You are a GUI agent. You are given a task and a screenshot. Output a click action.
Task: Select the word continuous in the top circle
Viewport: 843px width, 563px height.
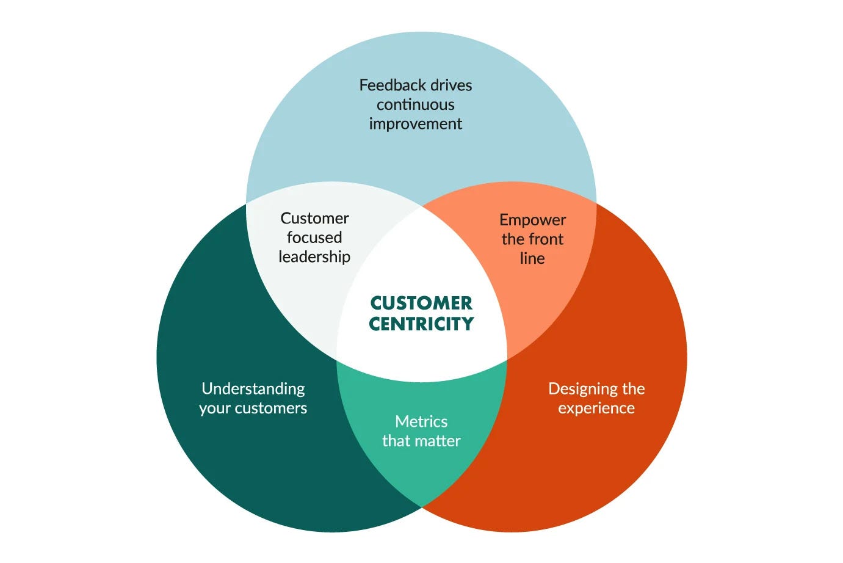tap(415, 104)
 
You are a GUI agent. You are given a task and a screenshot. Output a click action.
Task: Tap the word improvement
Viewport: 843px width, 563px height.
tap(415, 124)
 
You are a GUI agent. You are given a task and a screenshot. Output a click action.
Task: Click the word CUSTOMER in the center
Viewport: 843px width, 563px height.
tap(421, 303)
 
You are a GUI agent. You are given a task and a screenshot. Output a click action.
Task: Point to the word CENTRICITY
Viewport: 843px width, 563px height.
tap(421, 324)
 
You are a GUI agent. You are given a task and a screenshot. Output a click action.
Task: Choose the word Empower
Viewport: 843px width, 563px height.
tap(532, 220)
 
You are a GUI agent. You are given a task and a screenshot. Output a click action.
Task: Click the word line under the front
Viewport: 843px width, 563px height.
tap(532, 258)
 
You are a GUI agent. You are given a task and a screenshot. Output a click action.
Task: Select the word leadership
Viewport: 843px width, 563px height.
tap(314, 257)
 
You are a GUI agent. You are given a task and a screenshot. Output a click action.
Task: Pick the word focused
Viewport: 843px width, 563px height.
tap(314, 238)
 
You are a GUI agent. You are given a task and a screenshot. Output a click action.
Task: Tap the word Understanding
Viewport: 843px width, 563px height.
tap(253, 389)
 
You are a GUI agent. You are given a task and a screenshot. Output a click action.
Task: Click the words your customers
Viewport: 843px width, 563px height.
tap(253, 409)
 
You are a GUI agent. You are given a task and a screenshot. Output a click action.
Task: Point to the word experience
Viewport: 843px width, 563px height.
tap(596, 409)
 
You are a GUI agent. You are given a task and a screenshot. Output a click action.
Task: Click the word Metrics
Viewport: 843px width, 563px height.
tap(421, 421)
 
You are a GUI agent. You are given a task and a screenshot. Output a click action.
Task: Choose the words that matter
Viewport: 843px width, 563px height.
tap(421, 441)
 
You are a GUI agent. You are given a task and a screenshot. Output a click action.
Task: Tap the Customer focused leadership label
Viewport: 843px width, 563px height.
tap(314, 238)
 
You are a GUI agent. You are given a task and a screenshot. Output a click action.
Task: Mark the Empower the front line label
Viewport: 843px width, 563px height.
tap(532, 239)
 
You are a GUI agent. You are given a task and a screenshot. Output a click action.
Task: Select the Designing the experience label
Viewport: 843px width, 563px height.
tap(596, 398)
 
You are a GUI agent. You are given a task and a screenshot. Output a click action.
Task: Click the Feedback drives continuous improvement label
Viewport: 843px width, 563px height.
tap(415, 104)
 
